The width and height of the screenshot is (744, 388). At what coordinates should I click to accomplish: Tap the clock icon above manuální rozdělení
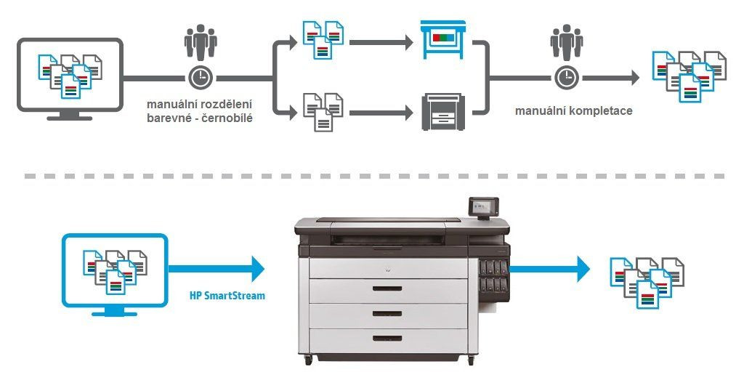click(199, 77)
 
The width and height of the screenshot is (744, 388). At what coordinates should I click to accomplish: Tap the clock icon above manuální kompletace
click(565, 77)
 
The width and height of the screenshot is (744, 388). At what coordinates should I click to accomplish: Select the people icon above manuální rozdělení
click(199, 41)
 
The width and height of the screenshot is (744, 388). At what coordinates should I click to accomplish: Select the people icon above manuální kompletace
click(565, 41)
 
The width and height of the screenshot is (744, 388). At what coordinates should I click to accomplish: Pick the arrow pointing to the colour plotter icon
click(379, 42)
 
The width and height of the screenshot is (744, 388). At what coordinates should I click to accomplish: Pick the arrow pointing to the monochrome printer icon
click(379, 113)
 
